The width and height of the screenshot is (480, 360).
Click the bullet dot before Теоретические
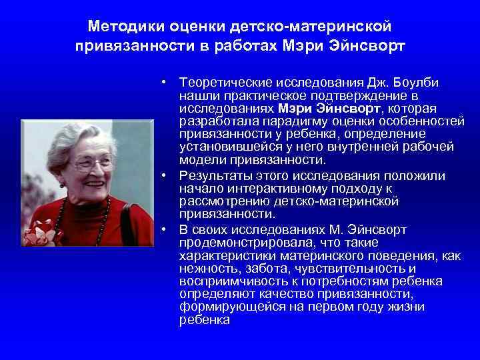[163, 82]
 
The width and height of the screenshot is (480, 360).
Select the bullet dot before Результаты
[163, 176]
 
